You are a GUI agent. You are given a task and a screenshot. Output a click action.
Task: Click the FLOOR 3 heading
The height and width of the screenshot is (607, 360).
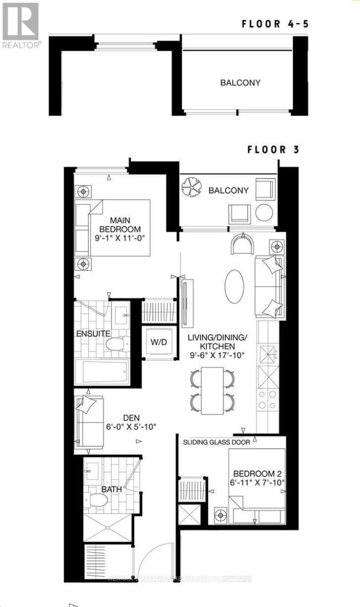(x=273, y=149)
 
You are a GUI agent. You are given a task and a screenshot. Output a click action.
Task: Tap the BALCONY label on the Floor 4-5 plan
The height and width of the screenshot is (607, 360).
(x=240, y=82)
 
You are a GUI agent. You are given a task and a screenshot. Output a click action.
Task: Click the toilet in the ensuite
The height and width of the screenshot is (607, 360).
(x=117, y=344)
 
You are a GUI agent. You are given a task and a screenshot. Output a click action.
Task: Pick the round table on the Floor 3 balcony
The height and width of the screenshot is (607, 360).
(x=264, y=213)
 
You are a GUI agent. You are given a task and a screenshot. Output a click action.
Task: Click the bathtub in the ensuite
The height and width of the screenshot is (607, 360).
(x=103, y=371)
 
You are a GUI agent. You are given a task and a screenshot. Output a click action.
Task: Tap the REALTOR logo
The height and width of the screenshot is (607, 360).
(x=21, y=25)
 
